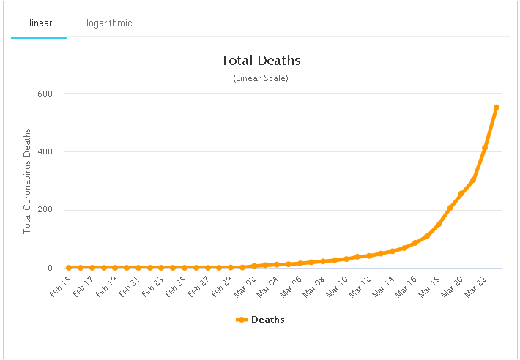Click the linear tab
40,23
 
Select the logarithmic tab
109,23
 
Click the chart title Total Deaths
261,61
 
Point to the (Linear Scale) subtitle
261,78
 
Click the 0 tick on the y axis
50,268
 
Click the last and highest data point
497,108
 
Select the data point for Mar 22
485,148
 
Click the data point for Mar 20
461,194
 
